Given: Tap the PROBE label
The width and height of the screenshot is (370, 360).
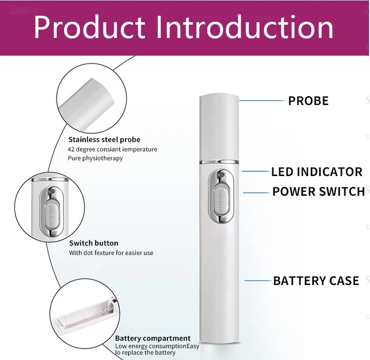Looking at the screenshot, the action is point(308,101).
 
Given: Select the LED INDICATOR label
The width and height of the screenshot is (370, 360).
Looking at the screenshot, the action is point(317,172).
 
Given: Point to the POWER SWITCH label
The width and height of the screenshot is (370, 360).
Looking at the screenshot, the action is point(318,191).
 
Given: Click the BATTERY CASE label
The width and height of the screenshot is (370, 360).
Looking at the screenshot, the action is point(316,281).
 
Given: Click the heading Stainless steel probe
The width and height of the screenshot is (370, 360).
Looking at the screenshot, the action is point(104,140).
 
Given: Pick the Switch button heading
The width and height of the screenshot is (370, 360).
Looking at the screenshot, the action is point(94,243).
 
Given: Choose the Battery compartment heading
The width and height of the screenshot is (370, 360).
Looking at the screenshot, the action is point(152,338).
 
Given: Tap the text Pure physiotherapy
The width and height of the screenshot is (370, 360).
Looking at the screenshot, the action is point(95,158).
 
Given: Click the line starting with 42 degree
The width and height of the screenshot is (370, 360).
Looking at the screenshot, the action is point(112,149).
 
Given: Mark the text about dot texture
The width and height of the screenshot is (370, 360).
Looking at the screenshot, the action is point(111,253).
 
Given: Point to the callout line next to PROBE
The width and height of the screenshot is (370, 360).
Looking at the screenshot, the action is point(263,101).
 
